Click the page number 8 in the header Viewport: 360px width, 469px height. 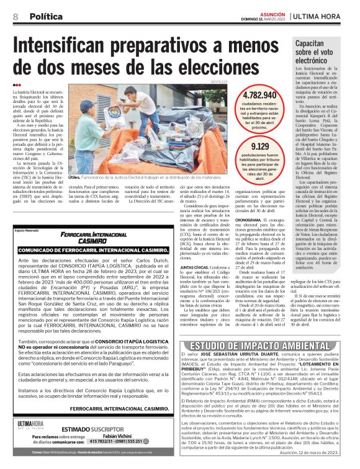pyautogui.click(x=15, y=17)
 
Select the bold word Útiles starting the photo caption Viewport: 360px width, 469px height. pyautogui.click(x=74, y=177)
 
